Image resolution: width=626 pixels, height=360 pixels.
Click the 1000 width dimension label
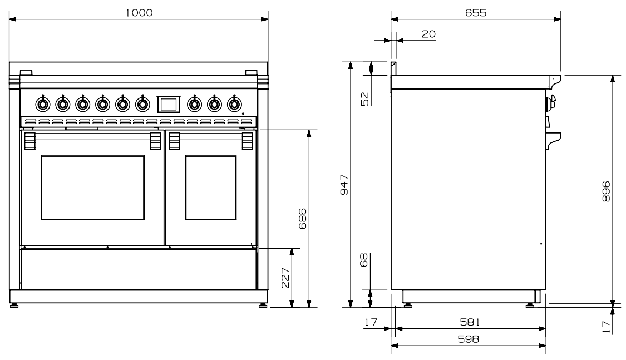coord(139,13)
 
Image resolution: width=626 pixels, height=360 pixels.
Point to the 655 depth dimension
coord(476,13)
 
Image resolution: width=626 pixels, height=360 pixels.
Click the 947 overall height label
coord(344,184)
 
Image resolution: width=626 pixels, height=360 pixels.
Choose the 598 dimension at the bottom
coord(468,338)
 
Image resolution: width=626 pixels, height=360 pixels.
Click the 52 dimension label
coord(365,98)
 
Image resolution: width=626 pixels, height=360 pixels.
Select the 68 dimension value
coord(365,260)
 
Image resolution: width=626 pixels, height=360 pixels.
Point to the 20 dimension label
coord(428,34)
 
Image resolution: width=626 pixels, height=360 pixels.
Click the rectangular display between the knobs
coord(169,103)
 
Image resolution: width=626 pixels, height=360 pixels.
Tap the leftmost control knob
coord(42,103)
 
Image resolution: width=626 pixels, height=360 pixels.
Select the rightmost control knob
coord(234,103)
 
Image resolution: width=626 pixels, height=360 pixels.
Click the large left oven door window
coord(92,188)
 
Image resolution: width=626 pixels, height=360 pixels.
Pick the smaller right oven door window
coord(210,188)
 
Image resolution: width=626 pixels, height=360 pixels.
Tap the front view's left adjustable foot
coord(14,304)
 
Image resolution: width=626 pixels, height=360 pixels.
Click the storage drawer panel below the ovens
coord(138,269)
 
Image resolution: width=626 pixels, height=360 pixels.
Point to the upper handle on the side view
coord(551,102)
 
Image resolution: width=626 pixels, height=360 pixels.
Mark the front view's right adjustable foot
coord(262,304)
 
